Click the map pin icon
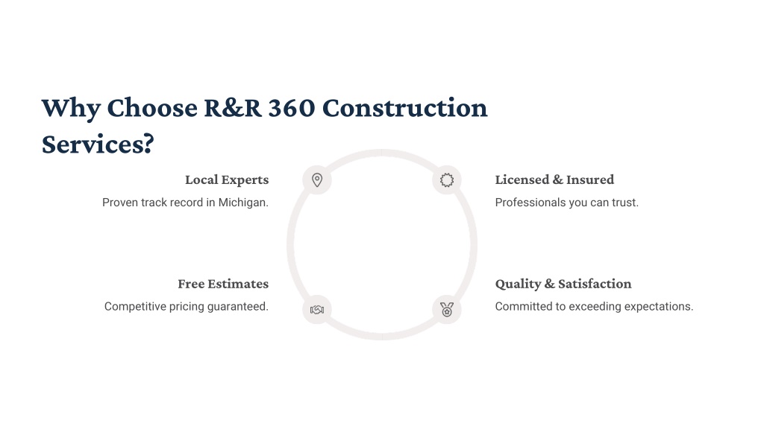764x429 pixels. point(317,180)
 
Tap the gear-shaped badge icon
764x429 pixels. point(447,180)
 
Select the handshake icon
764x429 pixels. point(317,309)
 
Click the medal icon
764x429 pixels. point(447,309)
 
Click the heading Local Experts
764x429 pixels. point(227,180)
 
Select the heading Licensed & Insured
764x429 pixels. point(554,179)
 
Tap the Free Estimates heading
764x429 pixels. point(223,284)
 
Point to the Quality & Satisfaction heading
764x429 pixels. point(563,284)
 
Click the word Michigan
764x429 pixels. point(243,203)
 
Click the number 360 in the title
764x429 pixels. point(292,107)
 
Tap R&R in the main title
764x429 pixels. point(233,107)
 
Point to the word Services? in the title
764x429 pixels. point(98,144)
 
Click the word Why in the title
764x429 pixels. point(71,109)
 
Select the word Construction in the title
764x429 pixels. point(405,107)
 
